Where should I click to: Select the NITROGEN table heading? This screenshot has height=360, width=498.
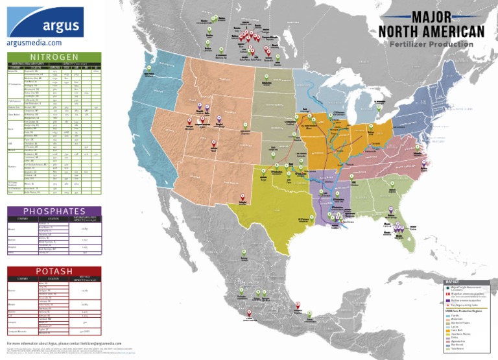click(54, 57)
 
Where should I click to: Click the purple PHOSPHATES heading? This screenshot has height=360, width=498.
click(54, 211)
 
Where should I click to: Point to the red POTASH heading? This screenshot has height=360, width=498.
click(54, 271)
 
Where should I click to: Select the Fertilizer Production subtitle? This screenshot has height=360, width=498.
click(431, 44)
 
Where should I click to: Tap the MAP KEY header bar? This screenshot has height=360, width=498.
click(464, 282)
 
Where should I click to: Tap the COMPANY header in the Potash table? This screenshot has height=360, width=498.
click(19, 278)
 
